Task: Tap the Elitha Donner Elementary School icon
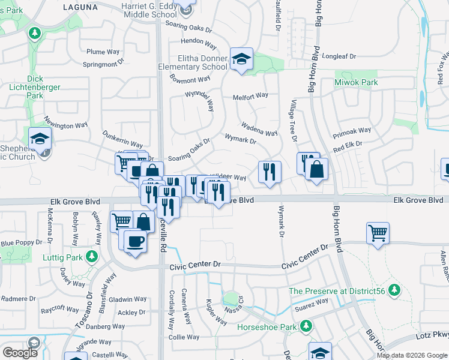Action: pyautogui.click(x=241, y=59)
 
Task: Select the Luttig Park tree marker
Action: pyautogui.click(x=91, y=257)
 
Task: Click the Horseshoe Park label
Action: pyautogui.click(x=267, y=327)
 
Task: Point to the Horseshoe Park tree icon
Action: pyautogui.click(x=306, y=326)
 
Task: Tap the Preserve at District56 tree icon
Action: pyautogui.click(x=394, y=291)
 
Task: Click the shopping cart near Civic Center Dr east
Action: pyautogui.click(x=378, y=233)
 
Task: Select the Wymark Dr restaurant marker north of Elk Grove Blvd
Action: pyautogui.click(x=270, y=172)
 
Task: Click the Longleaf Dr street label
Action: pyautogui.click(x=339, y=56)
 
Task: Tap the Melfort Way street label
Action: pyautogui.click(x=250, y=96)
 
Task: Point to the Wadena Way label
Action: pyautogui.click(x=259, y=130)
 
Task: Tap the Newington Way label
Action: pyautogui.click(x=68, y=125)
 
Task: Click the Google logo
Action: pyautogui.click(x=20, y=353)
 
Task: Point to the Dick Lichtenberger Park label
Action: pyautogui.click(x=35, y=87)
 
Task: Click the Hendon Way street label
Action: pyautogui.click(x=198, y=44)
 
